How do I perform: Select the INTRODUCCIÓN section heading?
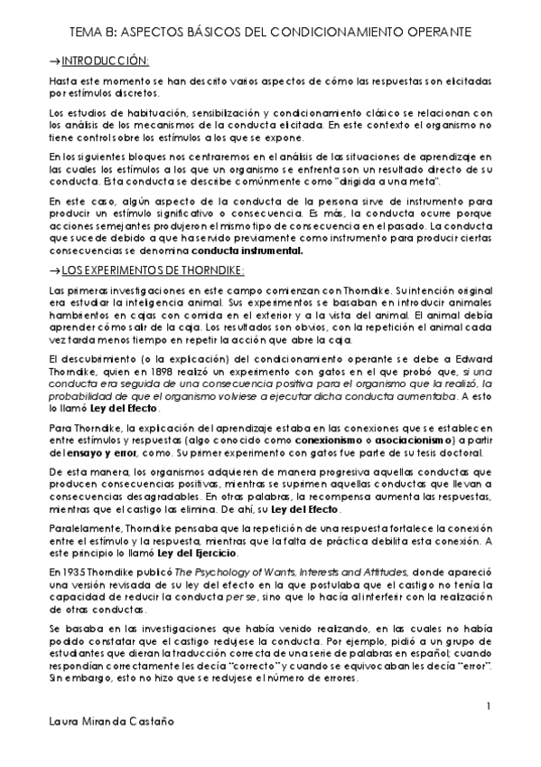(104, 61)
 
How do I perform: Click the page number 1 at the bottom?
(488, 705)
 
